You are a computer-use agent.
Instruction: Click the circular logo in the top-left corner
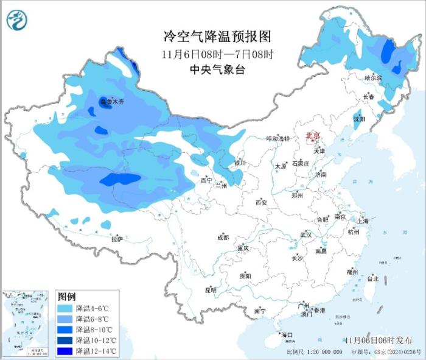click(x=18, y=21)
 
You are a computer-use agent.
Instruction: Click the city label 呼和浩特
click(x=279, y=139)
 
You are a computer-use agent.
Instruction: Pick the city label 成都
click(x=223, y=238)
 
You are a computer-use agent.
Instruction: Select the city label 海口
click(x=286, y=335)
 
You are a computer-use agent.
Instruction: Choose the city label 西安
click(x=262, y=202)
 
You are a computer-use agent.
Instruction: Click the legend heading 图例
click(x=66, y=297)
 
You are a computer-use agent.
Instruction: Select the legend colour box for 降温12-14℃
click(x=66, y=351)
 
